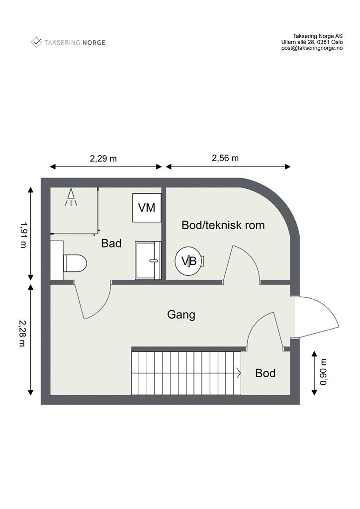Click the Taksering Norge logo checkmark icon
36,42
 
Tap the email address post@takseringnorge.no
312,49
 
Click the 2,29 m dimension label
103,159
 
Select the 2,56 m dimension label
225,159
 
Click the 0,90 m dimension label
324,372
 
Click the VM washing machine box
147,208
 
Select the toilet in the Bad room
74,262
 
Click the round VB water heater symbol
189,260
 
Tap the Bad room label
111,244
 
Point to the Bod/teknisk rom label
223,225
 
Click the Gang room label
181,315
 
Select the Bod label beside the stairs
266,373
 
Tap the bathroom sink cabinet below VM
148,260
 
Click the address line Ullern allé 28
312,42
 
